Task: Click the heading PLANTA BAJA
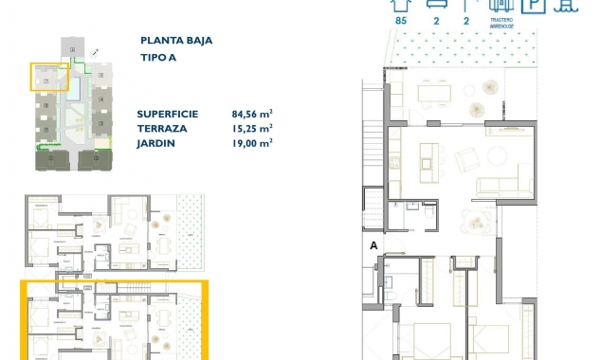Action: (x=175, y=42)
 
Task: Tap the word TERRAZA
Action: (x=161, y=127)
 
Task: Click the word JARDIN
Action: (x=156, y=142)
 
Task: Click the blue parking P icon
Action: (x=536, y=5)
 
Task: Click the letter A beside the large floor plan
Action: (x=374, y=246)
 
